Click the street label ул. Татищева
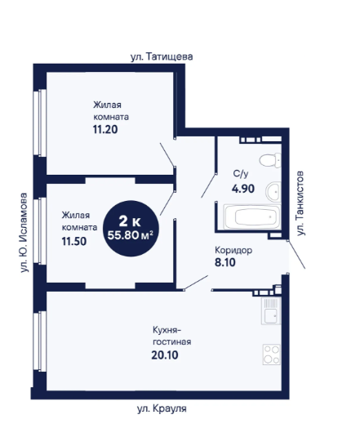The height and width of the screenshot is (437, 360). (x=162, y=57)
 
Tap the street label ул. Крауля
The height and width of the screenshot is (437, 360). (x=162, y=409)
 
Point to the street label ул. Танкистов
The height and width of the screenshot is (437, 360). (x=300, y=203)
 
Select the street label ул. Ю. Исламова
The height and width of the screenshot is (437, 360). (x=24, y=233)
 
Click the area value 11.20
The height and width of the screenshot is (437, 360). (x=105, y=129)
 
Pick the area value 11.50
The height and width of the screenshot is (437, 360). (x=74, y=241)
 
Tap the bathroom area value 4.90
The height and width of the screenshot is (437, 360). (x=243, y=189)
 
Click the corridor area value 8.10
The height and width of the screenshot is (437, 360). (x=225, y=262)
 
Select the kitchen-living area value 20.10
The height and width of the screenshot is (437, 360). (x=165, y=355)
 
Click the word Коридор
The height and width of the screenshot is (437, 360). (x=233, y=250)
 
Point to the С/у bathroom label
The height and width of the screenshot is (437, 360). (x=241, y=174)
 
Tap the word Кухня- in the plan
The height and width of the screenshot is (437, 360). (x=167, y=330)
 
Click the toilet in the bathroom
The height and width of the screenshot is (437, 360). (x=270, y=160)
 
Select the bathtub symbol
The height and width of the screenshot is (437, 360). (x=252, y=217)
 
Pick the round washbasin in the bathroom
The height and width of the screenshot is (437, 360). (x=273, y=192)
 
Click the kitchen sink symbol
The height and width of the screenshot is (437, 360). (x=271, y=310)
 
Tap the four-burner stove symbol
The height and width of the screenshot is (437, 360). (x=272, y=355)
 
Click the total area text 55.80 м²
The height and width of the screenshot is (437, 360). (x=131, y=235)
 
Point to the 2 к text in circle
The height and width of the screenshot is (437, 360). (x=130, y=221)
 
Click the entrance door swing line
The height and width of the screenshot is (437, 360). (x=296, y=255)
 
